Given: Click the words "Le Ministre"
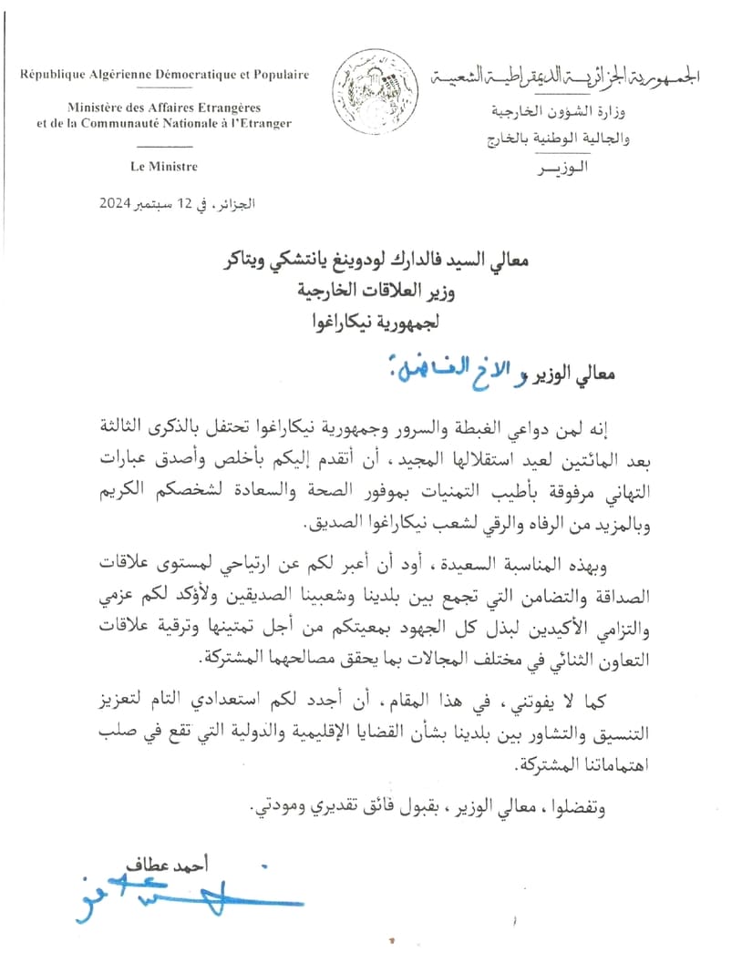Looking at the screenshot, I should point(164,167).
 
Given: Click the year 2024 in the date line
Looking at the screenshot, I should point(118,202).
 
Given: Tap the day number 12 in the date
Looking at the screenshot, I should point(186,202).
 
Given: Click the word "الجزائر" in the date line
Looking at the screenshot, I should point(236,202).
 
